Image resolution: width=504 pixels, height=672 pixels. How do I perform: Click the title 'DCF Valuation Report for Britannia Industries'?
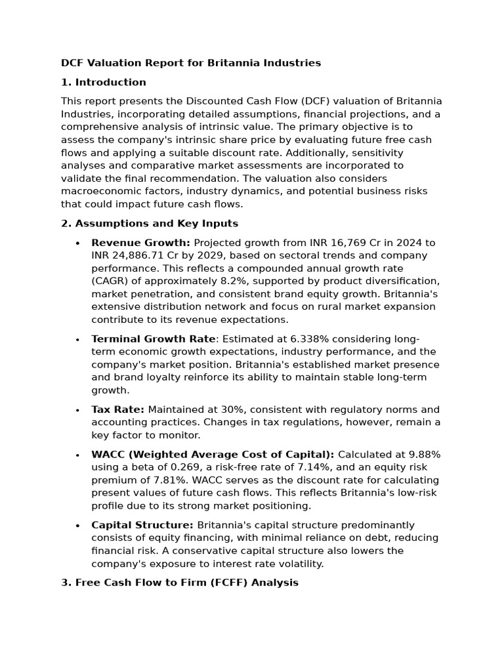click(191, 63)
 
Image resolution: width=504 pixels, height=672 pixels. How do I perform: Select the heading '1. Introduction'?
click(104, 82)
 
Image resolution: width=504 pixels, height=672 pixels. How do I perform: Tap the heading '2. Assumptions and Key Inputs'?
click(150, 223)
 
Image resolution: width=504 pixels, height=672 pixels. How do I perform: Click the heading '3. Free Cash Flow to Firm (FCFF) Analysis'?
click(180, 582)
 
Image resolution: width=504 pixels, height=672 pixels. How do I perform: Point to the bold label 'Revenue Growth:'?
click(140, 243)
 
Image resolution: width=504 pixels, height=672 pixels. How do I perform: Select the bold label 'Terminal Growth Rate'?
click(153, 339)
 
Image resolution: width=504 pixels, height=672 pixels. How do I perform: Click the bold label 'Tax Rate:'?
click(117, 409)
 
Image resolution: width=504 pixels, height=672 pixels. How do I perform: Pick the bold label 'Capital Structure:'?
click(142, 525)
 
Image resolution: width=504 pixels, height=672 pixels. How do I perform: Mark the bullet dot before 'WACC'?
click(77, 455)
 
